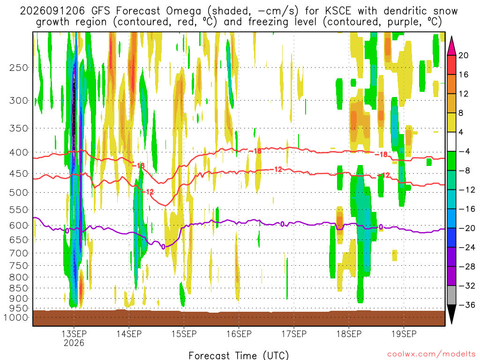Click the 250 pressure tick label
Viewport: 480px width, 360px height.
coord(19,67)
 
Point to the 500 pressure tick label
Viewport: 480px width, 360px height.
coord(19,193)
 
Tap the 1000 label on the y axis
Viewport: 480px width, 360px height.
coord(16,317)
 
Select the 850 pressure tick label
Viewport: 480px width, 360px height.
coord(19,288)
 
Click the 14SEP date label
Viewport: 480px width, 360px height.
coord(129,334)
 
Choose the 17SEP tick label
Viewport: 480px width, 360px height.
coord(294,334)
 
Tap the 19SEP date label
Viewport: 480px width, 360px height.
coord(404,334)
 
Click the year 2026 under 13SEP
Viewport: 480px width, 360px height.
coord(74,343)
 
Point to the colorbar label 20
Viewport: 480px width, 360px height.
coord(463,55)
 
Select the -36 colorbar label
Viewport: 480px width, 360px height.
coord(466,305)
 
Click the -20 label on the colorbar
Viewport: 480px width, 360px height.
coord(466,228)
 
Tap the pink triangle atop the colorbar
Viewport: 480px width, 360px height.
coord(451,46)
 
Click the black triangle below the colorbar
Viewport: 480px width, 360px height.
coord(451,314)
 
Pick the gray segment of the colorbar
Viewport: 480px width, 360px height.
coord(451,295)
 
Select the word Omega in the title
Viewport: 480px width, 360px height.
coord(184,12)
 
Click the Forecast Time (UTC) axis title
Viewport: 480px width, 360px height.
coord(239,355)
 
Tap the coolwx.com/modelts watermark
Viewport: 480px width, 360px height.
coord(431,354)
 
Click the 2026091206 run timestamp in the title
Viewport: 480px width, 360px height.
coord(52,11)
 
